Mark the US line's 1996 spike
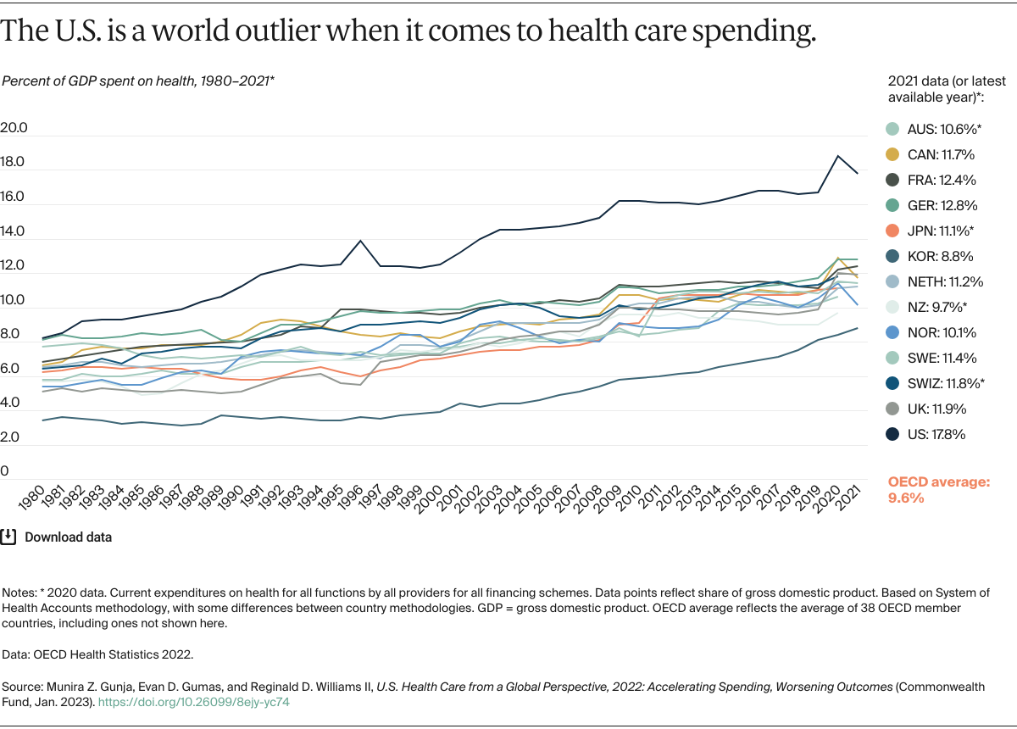[x=361, y=241]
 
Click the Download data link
[x=68, y=537]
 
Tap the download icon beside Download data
[x=9, y=537]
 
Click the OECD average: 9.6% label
[x=938, y=490]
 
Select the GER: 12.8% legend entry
[x=932, y=205]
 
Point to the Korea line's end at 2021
[x=859, y=328]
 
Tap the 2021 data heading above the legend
[x=946, y=89]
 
